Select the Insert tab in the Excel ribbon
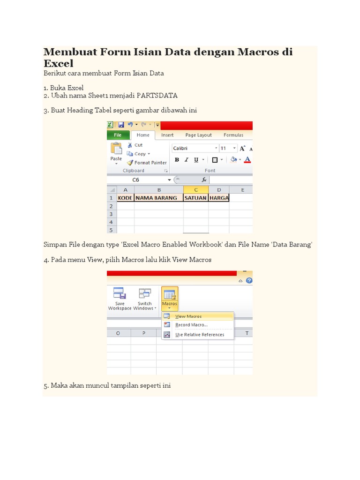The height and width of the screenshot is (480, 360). point(167,135)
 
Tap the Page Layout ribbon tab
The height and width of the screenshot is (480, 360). point(198,135)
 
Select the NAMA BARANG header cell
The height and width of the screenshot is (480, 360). point(158,198)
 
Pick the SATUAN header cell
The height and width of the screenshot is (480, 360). point(195,198)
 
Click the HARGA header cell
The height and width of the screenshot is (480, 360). point(219,198)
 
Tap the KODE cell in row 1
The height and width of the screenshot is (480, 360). point(125,198)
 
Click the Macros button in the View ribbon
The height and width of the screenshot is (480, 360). point(169,297)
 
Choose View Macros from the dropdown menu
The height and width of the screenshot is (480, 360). point(188,316)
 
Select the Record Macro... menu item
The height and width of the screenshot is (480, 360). point(191,325)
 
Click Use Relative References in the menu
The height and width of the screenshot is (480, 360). point(199,335)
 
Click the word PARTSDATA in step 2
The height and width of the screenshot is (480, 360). point(157,96)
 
